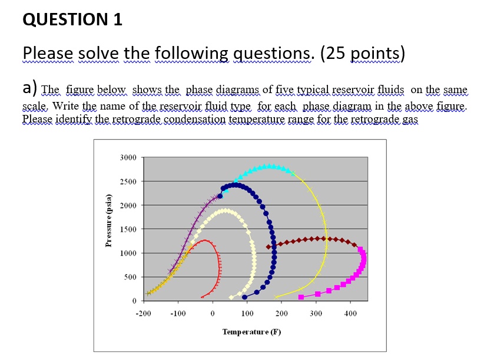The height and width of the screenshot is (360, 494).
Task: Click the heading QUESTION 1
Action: [x=72, y=20]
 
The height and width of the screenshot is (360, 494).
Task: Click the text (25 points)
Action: [x=363, y=54]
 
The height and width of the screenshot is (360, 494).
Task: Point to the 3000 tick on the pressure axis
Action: [x=128, y=158]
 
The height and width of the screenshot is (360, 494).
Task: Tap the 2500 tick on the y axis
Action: [x=128, y=181]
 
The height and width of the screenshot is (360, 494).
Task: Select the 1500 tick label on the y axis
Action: [x=128, y=229]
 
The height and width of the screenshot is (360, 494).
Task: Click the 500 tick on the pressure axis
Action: [x=130, y=277]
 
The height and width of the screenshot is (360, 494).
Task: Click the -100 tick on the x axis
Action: [x=178, y=313]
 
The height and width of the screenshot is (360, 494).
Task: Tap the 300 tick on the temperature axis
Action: [x=316, y=313]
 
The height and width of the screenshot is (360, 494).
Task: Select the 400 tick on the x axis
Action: [x=350, y=313]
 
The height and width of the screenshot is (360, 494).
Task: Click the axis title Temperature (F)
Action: [x=251, y=332]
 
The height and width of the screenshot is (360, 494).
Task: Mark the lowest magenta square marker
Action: [x=301, y=296]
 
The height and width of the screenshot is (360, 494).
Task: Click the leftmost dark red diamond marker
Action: [x=269, y=247]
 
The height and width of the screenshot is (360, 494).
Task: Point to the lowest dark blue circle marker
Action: [x=245, y=296]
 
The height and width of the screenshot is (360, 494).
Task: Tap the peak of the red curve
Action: [x=204, y=240]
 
